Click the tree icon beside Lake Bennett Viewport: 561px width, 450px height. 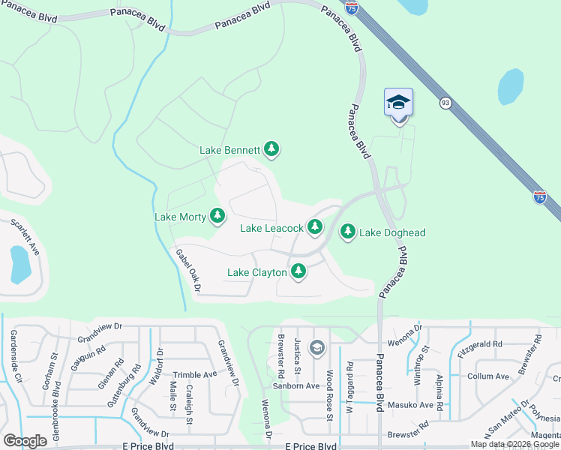271,151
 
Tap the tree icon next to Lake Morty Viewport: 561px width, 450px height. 217,217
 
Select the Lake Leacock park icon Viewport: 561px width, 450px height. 315,226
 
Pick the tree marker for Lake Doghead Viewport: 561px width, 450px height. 348,232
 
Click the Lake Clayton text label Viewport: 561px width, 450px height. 258,272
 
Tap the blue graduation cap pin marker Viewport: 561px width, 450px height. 398,103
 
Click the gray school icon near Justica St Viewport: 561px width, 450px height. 317,347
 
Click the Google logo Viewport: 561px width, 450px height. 25,440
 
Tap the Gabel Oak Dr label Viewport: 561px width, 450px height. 188,271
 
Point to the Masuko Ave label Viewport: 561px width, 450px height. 415,405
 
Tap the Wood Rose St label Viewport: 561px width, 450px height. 328,396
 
